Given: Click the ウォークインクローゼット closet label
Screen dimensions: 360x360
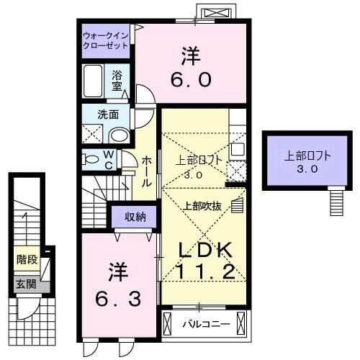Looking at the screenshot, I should tap(105, 40).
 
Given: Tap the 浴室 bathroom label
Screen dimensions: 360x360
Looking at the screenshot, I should tap(118, 78).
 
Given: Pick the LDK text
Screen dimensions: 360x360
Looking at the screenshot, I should tap(205, 250).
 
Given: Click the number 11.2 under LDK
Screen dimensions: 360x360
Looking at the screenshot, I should tap(205, 272).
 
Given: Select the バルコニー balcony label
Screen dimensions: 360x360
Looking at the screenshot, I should tap(204, 324).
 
